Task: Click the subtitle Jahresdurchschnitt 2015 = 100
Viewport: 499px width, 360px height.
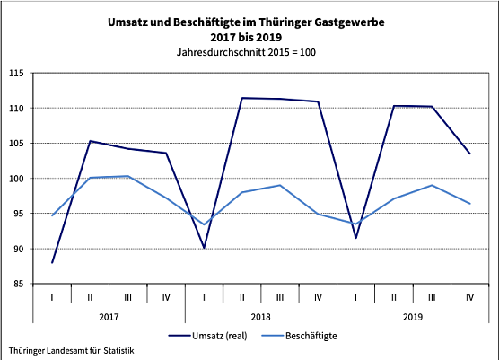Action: coord(249,52)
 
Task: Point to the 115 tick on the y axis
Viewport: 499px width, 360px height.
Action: coord(16,73)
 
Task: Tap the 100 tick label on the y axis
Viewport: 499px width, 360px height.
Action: coord(16,179)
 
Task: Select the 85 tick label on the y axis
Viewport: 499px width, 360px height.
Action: coord(18,284)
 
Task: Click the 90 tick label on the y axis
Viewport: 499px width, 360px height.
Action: coord(18,249)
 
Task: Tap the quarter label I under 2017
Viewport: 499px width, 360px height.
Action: coord(52,296)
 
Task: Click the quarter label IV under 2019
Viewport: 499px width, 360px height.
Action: coord(469,296)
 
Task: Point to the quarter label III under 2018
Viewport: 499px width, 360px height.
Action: coord(280,296)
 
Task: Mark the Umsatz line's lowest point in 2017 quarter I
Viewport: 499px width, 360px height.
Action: coord(52,262)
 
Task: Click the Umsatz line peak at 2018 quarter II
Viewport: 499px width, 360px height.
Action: coord(242,98)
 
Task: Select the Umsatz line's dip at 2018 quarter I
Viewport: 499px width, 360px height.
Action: coord(205,247)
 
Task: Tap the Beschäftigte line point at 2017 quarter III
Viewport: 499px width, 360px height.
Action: coord(128,176)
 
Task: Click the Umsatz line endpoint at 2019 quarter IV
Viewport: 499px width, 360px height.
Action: coord(469,154)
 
